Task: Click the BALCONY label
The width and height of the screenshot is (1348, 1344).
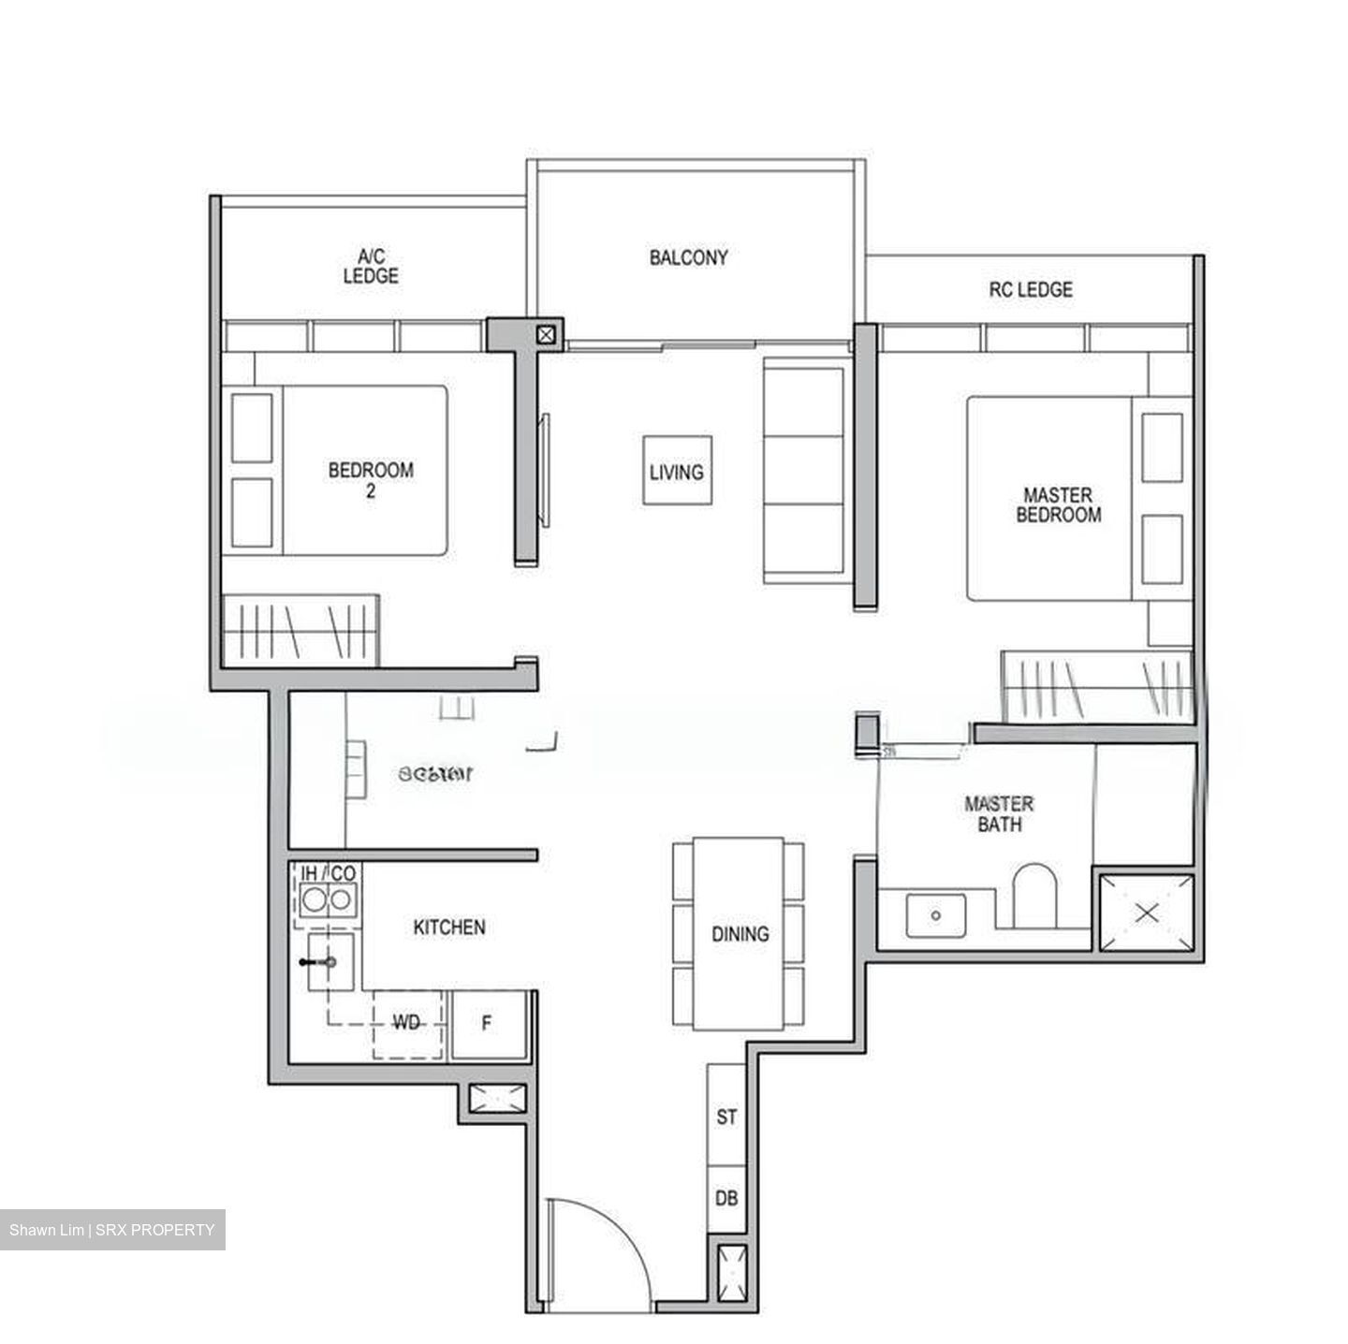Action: [x=688, y=257]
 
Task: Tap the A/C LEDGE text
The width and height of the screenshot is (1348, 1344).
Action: [x=371, y=266]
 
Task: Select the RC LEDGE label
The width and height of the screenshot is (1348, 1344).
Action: [x=1031, y=290]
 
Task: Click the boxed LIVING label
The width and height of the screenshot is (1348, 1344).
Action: [x=677, y=471]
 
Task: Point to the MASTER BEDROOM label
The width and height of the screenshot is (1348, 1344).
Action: [x=1058, y=504]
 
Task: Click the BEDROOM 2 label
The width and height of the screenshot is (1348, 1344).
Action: [x=371, y=479]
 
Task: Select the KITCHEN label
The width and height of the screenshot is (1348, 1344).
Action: [x=449, y=927]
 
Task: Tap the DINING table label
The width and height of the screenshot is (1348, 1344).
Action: [x=740, y=933]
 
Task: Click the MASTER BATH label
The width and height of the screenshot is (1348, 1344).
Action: [x=999, y=814]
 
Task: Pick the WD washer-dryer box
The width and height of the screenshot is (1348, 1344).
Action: [x=407, y=1024]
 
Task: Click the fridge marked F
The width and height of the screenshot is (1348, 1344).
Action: [x=487, y=1024]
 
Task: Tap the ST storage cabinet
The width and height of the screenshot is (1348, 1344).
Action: [x=726, y=1117]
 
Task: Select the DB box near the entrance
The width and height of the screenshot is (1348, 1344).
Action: [x=726, y=1198]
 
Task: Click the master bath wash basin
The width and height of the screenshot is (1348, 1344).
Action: [x=935, y=914]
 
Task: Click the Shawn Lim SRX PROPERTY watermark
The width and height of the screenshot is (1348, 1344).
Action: [x=112, y=1230]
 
